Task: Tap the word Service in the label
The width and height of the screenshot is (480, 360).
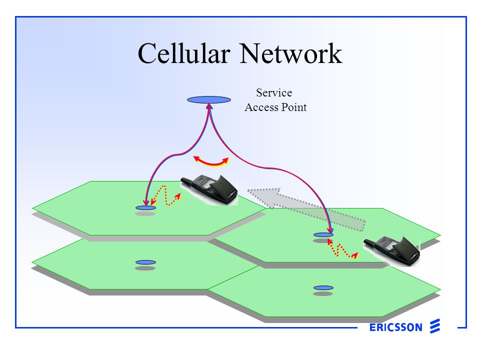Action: pyautogui.click(x=274, y=92)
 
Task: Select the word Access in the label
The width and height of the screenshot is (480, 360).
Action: pyautogui.click(x=260, y=107)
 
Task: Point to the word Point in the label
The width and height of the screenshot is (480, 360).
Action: pyautogui.click(x=293, y=107)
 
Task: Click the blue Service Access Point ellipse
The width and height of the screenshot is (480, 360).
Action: pyautogui.click(x=209, y=99)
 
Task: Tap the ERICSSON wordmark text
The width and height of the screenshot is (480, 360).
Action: pyautogui.click(x=396, y=328)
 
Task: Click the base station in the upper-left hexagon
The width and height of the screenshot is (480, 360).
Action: pyautogui.click(x=145, y=207)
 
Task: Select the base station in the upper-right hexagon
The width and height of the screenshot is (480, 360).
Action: pyautogui.click(x=323, y=234)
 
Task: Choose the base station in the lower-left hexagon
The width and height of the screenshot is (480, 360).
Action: pyautogui.click(x=145, y=262)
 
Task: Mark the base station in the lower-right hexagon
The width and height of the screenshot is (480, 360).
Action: pyautogui.click(x=323, y=287)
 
